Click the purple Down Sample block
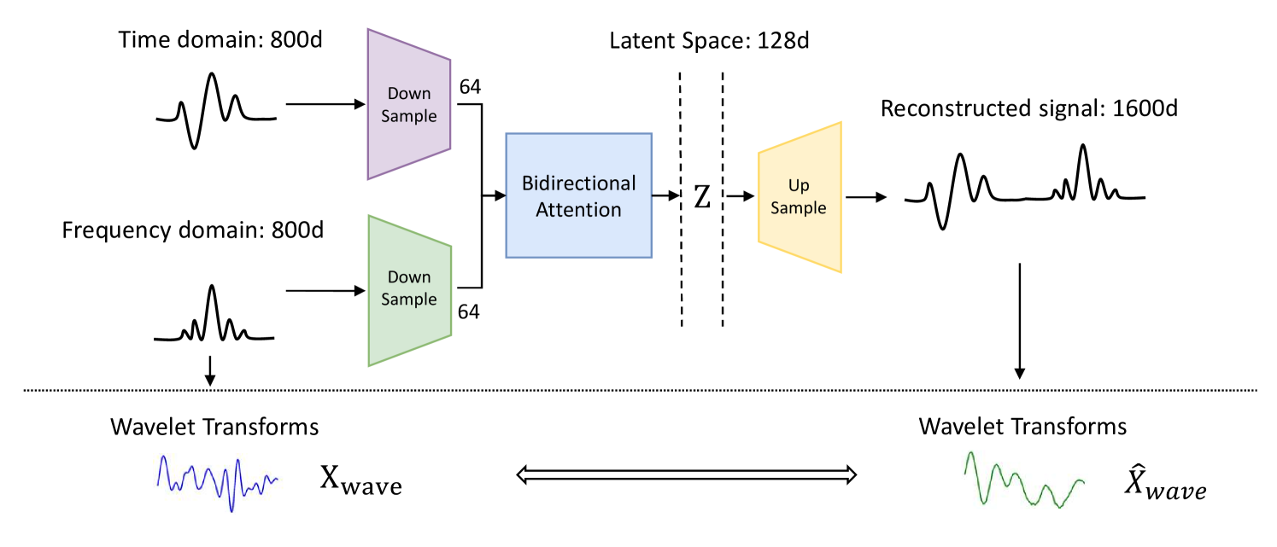[409, 105]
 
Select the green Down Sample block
[409, 289]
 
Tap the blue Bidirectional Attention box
[579, 195]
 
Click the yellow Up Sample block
[800, 197]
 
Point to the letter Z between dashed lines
[701, 197]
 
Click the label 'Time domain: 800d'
[220, 40]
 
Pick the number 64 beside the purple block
[469, 87]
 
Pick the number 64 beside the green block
[469, 311]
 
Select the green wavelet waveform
[1022, 482]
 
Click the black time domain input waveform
[216, 111]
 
